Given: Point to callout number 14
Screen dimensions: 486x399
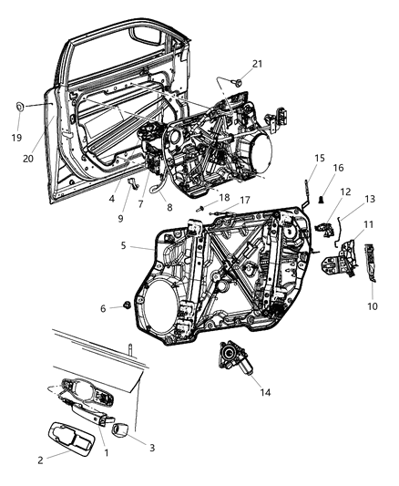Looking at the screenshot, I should tap(240, 393).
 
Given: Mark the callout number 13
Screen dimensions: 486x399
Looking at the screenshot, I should tap(343, 200).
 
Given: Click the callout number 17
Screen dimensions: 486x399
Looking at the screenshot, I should tap(245, 202).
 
